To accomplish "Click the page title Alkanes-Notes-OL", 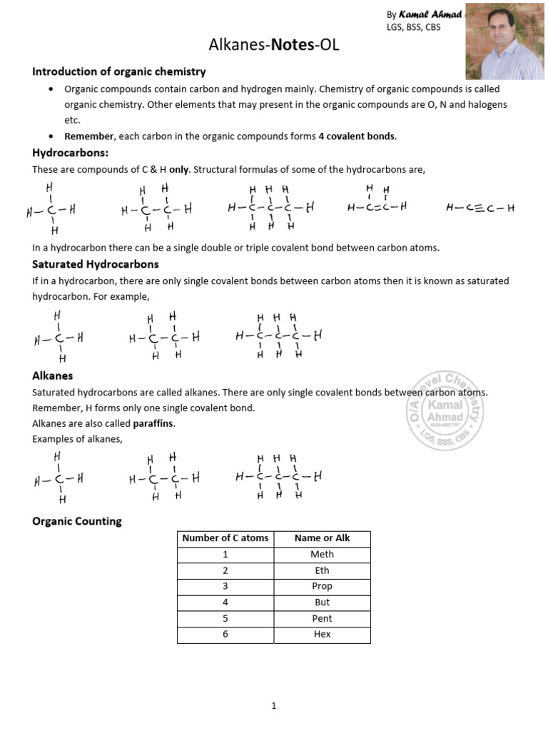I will pyautogui.click(x=274, y=45).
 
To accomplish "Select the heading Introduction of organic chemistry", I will pyautogui.click(x=119, y=71).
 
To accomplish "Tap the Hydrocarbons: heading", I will pyautogui.click(x=70, y=153).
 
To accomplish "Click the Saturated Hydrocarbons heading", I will pyautogui.click(x=96, y=264).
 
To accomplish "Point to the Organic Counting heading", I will pyautogui.click(x=77, y=521).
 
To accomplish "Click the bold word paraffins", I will pyautogui.click(x=153, y=423).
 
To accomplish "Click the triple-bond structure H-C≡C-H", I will pyautogui.click(x=479, y=208).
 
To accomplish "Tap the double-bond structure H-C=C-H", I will pyautogui.click(x=377, y=207).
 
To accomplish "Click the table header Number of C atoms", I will pyautogui.click(x=225, y=538).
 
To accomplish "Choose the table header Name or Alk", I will pyautogui.click(x=322, y=538).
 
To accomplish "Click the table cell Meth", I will pyautogui.click(x=322, y=555).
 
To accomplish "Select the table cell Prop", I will pyautogui.click(x=322, y=586).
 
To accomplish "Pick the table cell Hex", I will pyautogui.click(x=322, y=634).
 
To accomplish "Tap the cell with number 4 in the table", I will pyautogui.click(x=225, y=602).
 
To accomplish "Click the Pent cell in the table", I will pyautogui.click(x=322, y=618).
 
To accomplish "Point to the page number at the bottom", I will pyautogui.click(x=273, y=706).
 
